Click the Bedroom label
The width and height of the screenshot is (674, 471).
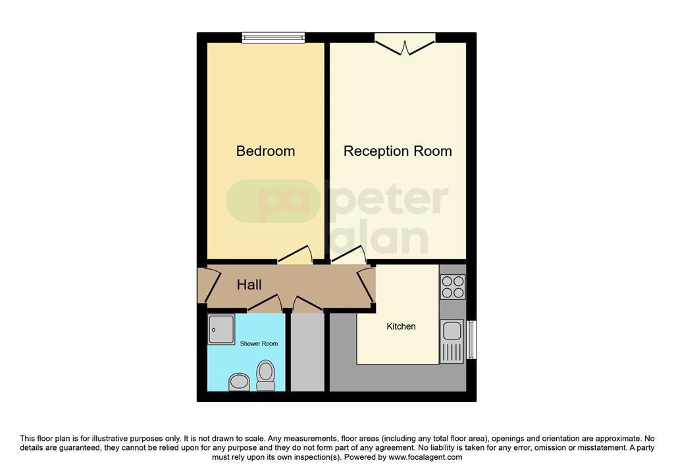(265, 151)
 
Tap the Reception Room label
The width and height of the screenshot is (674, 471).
(398, 151)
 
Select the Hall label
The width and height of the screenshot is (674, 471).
(249, 285)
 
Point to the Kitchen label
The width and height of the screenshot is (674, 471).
(401, 326)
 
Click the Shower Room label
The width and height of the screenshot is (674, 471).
(259, 343)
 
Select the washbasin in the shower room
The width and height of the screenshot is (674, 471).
(239, 382)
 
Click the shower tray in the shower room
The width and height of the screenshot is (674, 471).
(221, 330)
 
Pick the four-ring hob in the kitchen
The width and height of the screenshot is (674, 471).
(453, 287)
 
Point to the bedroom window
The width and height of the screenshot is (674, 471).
(273, 37)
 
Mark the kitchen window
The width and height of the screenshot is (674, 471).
(471, 339)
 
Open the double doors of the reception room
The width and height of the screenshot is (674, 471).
(405, 43)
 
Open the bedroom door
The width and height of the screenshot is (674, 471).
(295, 255)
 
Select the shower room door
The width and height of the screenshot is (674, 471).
(265, 304)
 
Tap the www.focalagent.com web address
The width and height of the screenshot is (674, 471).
(425, 457)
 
